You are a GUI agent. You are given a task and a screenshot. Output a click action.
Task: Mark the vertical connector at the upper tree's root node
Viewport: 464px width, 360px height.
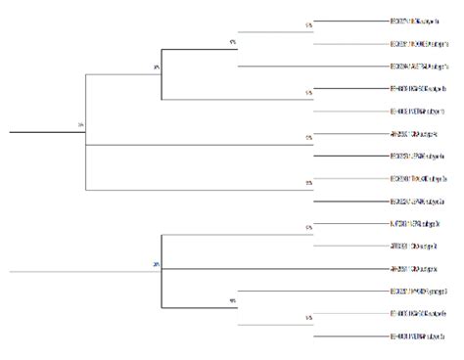coord(86,130)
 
